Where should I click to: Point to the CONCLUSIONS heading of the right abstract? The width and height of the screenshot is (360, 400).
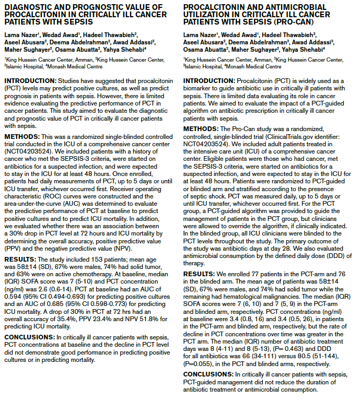click(x=208, y=374)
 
